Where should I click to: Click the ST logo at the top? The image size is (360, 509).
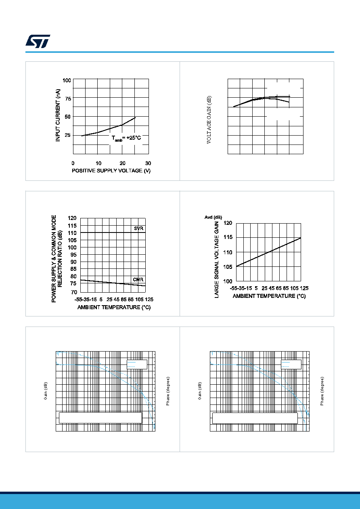(38, 41)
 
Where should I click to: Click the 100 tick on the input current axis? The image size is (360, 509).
(67, 80)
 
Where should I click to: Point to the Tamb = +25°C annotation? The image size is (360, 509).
(126, 138)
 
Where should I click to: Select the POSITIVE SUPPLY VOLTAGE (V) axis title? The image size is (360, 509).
(111, 171)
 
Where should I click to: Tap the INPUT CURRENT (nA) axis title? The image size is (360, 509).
(58, 115)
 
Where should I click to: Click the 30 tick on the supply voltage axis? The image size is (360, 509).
(148, 163)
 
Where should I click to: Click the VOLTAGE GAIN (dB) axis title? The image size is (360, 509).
(209, 120)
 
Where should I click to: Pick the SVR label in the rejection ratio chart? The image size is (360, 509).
(138, 228)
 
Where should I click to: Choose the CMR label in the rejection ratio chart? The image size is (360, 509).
(138, 279)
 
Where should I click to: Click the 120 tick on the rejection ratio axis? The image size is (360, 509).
(72, 218)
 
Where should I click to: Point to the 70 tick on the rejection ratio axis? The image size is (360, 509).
(74, 292)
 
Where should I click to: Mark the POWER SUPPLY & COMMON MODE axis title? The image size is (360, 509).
(54, 259)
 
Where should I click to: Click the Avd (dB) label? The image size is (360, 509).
(213, 217)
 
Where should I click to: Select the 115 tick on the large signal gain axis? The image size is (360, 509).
(228, 237)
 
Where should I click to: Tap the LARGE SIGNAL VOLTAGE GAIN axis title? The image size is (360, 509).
(217, 260)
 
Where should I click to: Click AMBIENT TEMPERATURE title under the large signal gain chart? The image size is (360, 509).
(269, 296)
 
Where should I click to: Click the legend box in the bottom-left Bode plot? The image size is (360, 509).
(137, 364)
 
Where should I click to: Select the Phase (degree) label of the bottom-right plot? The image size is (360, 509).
(322, 391)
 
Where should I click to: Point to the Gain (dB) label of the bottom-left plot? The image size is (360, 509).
(46, 391)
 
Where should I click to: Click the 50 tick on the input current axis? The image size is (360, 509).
(68, 117)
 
